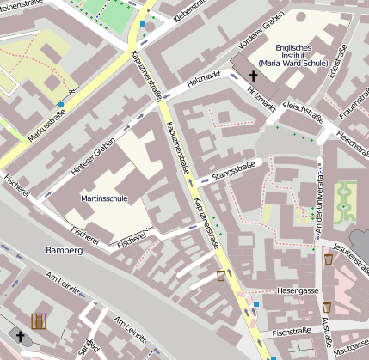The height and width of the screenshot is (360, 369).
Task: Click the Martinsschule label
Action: click(x=104, y=198)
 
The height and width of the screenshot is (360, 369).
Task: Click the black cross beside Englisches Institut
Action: click(x=255, y=76)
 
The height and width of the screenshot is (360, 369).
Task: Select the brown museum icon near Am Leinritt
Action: click(x=39, y=321)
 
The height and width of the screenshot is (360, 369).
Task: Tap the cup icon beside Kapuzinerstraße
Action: click(x=221, y=276)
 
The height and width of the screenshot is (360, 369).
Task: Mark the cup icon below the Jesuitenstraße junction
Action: click(x=328, y=259)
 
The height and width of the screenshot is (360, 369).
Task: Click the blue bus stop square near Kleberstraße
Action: click(x=142, y=25)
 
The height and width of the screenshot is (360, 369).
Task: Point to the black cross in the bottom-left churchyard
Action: click(x=19, y=336)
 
